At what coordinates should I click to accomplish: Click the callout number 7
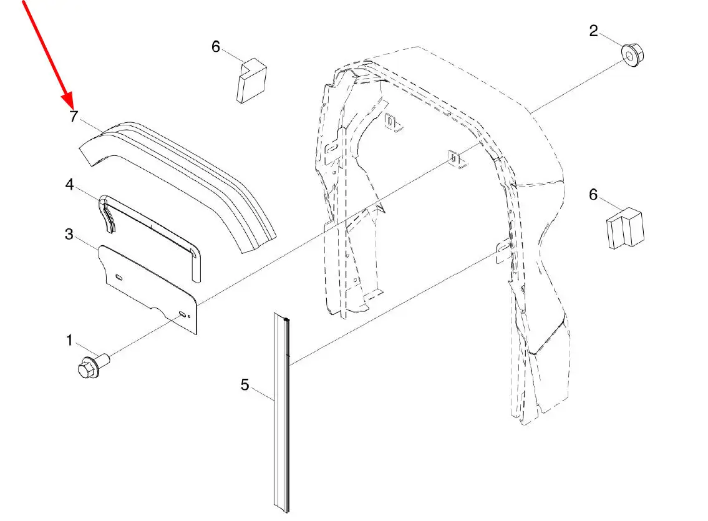pos(74,116)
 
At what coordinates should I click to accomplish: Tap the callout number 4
pos(69,184)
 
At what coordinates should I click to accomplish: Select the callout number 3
pos(69,234)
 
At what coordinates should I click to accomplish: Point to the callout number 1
pos(69,340)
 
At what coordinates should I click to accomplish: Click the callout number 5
pos(245,384)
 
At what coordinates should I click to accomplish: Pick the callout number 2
pos(594,31)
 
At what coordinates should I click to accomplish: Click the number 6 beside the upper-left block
pos(216,46)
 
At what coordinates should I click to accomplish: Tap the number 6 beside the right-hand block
pos(593,195)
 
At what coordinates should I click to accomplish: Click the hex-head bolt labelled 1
pos(94,364)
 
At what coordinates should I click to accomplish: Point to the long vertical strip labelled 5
pos(281,413)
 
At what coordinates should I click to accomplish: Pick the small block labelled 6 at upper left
pos(251,81)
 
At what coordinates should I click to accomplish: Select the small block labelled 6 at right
pos(625,228)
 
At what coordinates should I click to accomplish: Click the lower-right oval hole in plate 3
pos(182,314)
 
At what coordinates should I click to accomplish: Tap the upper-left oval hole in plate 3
pos(119,277)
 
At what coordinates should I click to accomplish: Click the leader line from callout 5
pos(263,394)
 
